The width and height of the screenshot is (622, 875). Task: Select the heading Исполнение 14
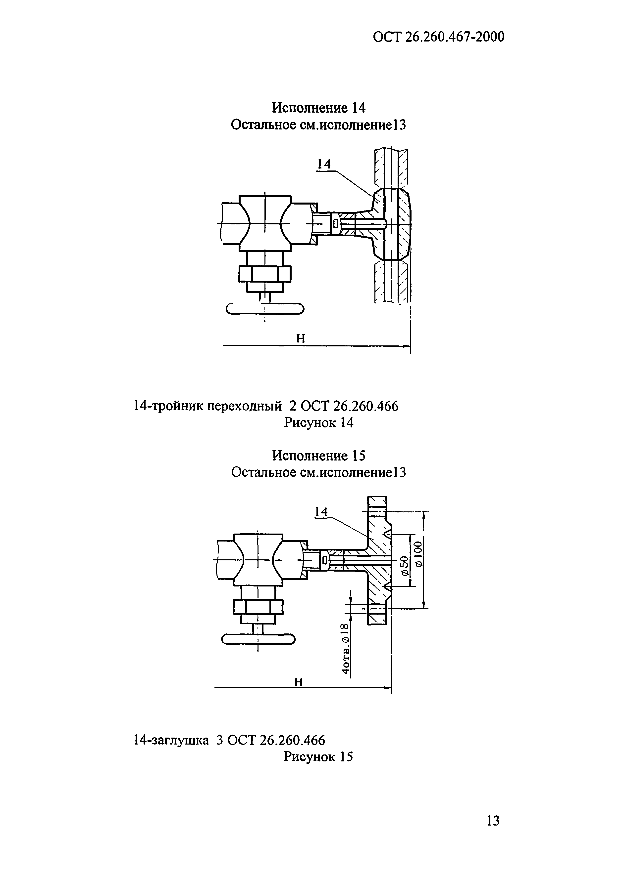(319, 108)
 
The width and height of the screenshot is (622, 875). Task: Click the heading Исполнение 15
(319, 456)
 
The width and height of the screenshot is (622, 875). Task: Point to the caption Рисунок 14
(319, 423)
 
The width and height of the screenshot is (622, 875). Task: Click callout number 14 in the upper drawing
(324, 164)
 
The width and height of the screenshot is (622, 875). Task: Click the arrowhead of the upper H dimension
(407, 346)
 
